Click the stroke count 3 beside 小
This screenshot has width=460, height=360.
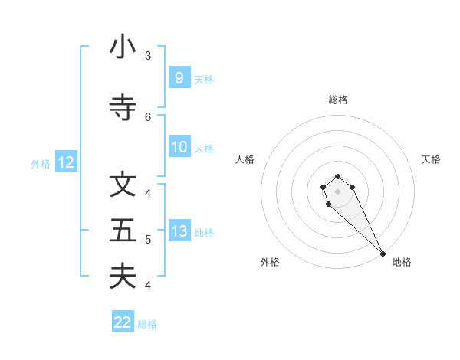pyautogui.click(x=148, y=56)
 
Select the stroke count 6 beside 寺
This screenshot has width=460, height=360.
pyautogui.click(x=148, y=117)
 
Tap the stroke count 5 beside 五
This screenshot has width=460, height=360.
pyautogui.click(x=148, y=240)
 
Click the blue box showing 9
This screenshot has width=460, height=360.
pyautogui.click(x=179, y=78)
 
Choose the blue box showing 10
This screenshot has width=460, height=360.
pyautogui.click(x=179, y=147)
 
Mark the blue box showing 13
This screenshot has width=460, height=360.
pyautogui.click(x=179, y=231)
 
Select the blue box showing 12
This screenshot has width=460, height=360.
pyautogui.click(x=65, y=162)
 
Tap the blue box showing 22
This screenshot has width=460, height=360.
pyautogui.click(x=123, y=322)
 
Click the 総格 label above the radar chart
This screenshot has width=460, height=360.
pyautogui.click(x=338, y=100)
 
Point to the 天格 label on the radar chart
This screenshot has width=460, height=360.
pyautogui.click(x=431, y=159)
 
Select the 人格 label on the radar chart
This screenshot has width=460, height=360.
pyautogui.click(x=245, y=159)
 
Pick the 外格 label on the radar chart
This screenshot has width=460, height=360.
pyautogui.click(x=270, y=262)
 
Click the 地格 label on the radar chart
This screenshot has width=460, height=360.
pyautogui.click(x=402, y=262)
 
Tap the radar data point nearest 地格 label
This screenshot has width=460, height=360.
pyautogui.click(x=383, y=254)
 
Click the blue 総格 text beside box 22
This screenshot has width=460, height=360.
pyautogui.click(x=147, y=324)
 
